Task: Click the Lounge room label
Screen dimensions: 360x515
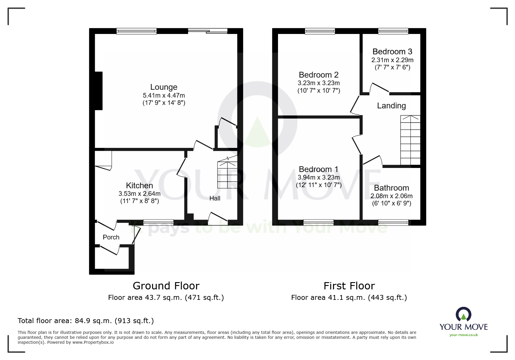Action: pos(164,87)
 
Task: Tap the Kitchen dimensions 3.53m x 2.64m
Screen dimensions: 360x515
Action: pos(139,194)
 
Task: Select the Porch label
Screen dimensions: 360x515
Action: pos(111,237)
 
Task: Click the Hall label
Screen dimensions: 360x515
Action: pos(215,198)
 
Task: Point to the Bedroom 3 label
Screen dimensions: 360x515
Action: pos(392,52)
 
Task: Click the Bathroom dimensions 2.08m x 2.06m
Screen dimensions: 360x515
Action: pos(391,196)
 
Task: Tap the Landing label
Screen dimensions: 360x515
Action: pos(391,106)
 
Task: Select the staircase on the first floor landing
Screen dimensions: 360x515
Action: pos(410,140)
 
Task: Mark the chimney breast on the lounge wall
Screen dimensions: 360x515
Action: pos(99,91)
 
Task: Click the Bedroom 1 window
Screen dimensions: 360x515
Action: pos(318,223)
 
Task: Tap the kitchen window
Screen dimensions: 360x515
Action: pos(158,223)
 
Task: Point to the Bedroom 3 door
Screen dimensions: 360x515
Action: pos(379,88)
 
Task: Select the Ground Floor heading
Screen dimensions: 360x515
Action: pos(166,286)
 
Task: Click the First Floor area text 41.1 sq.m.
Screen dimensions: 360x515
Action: pos(349,298)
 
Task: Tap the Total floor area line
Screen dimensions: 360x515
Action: pos(86,321)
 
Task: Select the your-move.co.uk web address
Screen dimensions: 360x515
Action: pos(464,335)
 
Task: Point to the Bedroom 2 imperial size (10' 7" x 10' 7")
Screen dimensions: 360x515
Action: pos(319,91)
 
